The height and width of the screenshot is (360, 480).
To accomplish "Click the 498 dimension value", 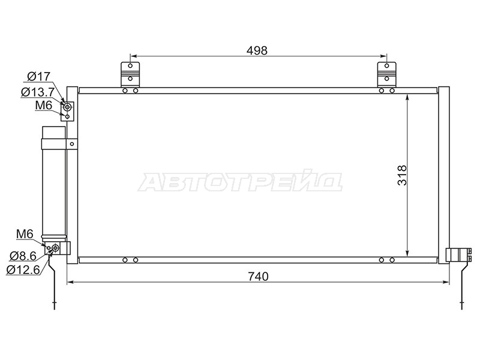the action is click(x=257, y=50).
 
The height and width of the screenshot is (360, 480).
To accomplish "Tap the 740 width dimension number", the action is click(x=258, y=277).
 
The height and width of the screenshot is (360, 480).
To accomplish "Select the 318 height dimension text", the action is click(x=402, y=175).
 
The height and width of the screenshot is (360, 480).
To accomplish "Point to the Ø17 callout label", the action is click(x=38, y=76).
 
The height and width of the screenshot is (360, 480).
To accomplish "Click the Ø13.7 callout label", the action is click(x=38, y=92).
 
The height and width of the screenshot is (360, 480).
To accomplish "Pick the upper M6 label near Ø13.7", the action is click(x=44, y=105).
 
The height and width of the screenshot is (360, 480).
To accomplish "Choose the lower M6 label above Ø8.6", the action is click(x=25, y=234).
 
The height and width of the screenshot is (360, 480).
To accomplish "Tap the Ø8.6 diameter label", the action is click(x=23, y=256).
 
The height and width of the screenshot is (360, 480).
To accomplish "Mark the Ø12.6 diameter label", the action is click(x=23, y=269).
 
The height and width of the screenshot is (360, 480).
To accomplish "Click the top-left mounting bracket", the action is click(x=130, y=74).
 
